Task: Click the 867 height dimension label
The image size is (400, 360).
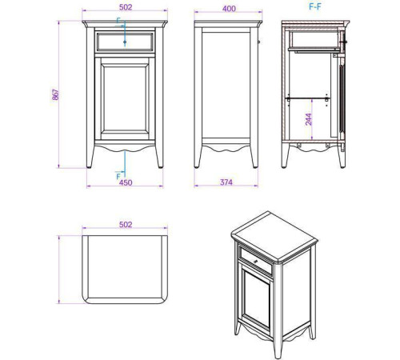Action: [56, 94]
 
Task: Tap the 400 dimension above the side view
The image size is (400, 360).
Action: [229, 9]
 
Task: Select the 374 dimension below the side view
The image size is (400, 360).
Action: [226, 182]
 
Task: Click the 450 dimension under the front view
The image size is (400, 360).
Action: [126, 182]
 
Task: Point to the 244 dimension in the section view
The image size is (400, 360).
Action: [309, 119]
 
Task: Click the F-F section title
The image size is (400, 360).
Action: [315, 6]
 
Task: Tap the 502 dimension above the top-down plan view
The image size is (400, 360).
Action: [126, 225]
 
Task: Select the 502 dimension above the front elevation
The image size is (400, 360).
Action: [126, 7]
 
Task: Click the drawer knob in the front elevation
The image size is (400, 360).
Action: [125, 42]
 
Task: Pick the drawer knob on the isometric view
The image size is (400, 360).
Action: [255, 262]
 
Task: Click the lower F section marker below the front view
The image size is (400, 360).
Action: [118, 176]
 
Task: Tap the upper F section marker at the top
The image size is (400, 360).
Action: [118, 20]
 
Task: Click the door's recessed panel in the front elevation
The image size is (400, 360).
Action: [125, 98]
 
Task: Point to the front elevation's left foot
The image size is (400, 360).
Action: [90, 158]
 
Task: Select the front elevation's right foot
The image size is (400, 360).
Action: [159, 158]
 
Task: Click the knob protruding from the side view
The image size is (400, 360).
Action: [258, 42]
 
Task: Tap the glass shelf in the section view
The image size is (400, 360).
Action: [307, 98]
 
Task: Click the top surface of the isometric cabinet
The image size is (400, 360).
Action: [274, 234]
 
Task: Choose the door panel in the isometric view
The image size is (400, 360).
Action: [257, 296]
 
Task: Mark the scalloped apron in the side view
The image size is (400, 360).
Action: [226, 149]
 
